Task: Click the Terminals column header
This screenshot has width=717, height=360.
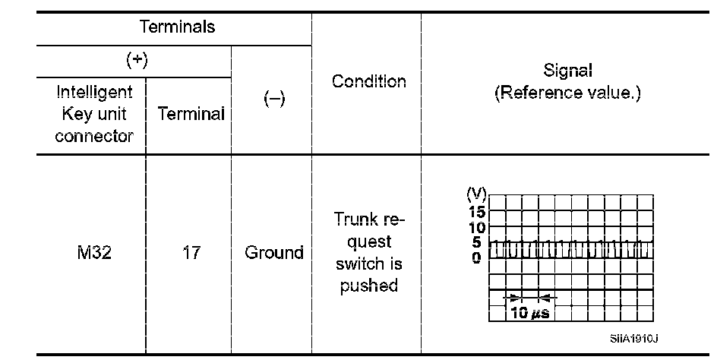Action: click(177, 27)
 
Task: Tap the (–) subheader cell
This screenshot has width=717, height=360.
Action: click(273, 101)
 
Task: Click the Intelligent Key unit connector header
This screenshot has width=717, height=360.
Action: click(94, 114)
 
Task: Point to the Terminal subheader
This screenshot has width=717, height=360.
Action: click(191, 115)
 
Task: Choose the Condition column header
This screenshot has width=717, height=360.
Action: click(368, 81)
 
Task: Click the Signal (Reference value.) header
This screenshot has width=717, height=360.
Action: click(568, 82)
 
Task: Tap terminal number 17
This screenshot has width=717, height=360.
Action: click(191, 252)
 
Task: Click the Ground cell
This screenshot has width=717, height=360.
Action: click(273, 252)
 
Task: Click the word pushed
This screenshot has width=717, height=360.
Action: click(368, 286)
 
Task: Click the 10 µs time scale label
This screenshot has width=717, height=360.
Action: click(529, 313)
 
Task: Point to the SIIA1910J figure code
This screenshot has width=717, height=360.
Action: click(632, 339)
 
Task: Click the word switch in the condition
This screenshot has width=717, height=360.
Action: click(368, 264)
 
